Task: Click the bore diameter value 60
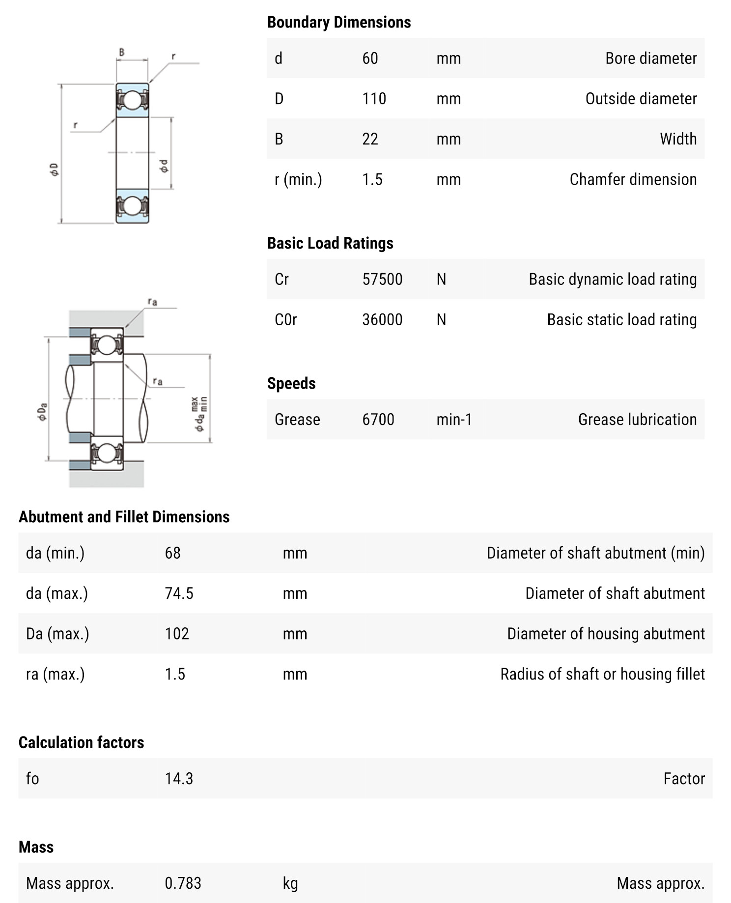pos(370,58)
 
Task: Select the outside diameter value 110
pos(374,99)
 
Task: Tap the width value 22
pos(370,139)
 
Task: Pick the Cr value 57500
pos(382,279)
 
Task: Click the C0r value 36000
pos(382,319)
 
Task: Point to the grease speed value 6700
pos(378,420)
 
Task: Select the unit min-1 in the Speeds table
pos(454,420)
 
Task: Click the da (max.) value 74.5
pos(179,593)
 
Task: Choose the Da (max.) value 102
pos(177,634)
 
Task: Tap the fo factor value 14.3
pos(179,779)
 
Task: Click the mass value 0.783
pos(183,883)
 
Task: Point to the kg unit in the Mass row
pos(290,883)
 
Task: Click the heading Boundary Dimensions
pos(339,22)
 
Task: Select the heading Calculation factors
pos(81,742)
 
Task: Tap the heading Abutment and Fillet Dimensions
pos(124,517)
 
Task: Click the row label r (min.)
pos(298,179)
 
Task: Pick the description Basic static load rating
pos(621,319)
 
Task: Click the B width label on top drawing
pos(122,52)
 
